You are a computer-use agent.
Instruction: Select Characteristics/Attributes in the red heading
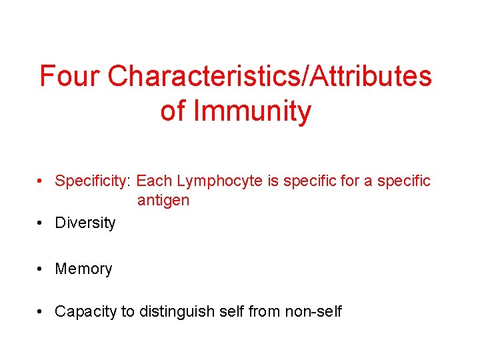(269, 77)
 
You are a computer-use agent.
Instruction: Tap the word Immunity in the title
(252, 111)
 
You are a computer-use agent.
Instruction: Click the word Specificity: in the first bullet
(93, 181)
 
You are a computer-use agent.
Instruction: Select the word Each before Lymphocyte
(155, 181)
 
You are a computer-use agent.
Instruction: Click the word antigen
(163, 201)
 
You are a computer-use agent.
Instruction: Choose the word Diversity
(85, 223)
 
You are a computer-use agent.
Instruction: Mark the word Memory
(83, 269)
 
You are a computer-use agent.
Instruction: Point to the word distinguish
(173, 311)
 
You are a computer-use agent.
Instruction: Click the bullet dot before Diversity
(41, 223)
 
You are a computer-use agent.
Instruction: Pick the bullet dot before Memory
(41, 269)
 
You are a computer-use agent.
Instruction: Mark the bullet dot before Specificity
(41, 181)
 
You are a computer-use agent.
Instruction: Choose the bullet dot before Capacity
(41, 311)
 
